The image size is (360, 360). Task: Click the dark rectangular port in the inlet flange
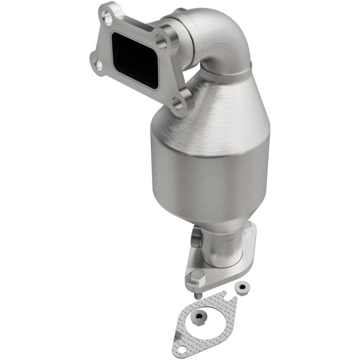[134, 59]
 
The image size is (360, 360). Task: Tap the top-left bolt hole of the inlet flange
[107, 18]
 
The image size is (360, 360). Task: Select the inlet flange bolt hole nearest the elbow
[163, 43]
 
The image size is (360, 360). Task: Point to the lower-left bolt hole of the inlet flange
[97, 65]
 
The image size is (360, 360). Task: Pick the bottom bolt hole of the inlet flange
[178, 105]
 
